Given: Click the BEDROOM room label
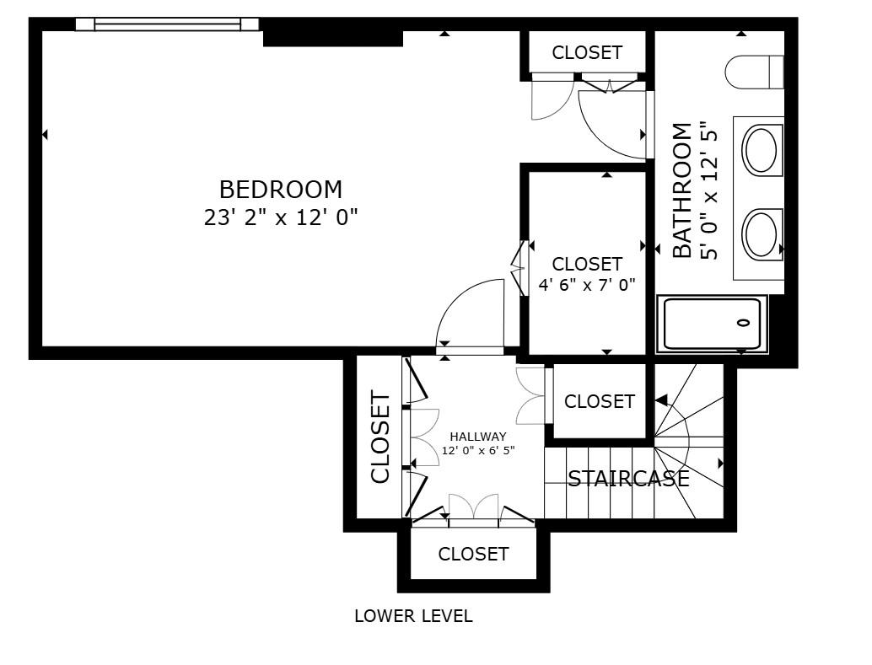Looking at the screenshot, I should (281, 190).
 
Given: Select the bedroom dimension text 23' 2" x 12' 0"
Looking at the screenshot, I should (281, 217).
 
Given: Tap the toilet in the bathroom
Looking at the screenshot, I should (754, 72).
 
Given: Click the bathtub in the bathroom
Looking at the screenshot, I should (712, 324).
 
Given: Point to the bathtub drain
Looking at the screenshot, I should (743, 323).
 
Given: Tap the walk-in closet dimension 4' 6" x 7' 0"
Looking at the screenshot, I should (586, 285).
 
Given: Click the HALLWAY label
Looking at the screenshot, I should (478, 437).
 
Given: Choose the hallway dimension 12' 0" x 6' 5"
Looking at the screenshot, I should (478, 450).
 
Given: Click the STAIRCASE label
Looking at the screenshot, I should (628, 479).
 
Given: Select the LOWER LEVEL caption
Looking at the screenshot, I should (413, 616).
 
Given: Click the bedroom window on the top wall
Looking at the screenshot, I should (167, 24).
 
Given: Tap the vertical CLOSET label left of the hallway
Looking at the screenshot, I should (380, 437).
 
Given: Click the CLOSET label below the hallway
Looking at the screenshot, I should (473, 554).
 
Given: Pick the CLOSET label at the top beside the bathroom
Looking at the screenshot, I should (587, 52).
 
